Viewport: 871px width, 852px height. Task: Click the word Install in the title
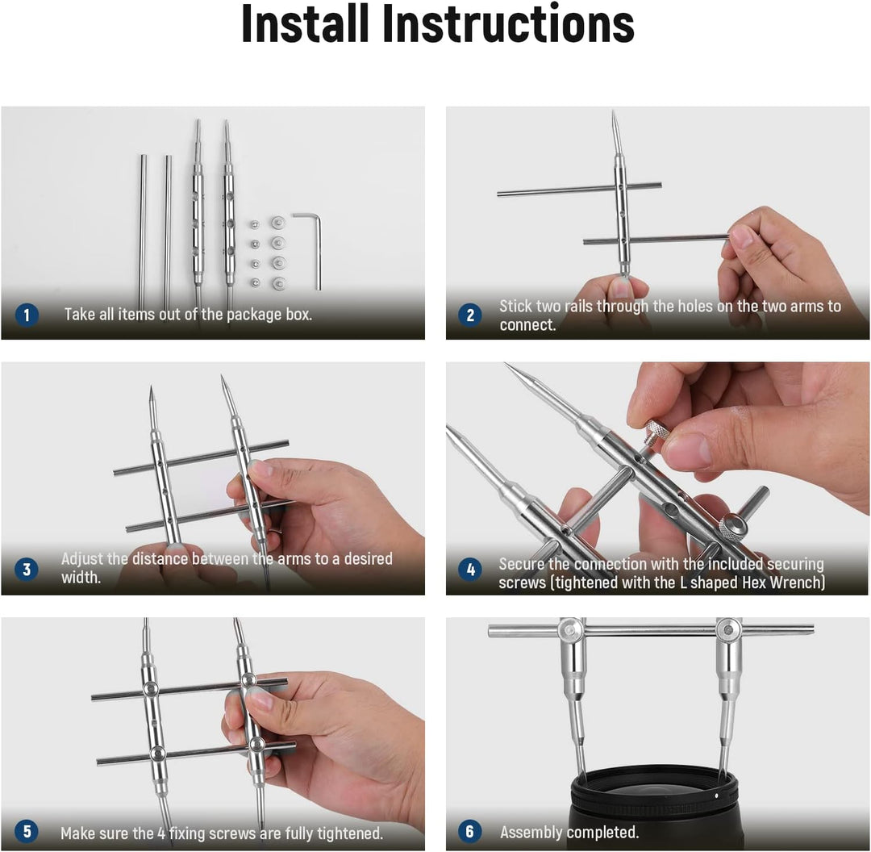(306, 23)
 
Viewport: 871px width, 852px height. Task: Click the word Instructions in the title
(508, 23)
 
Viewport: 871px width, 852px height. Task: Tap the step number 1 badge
(26, 315)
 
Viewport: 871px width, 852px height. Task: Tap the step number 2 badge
(470, 315)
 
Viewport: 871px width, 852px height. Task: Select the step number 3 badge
(26, 569)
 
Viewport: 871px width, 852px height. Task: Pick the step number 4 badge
(470, 569)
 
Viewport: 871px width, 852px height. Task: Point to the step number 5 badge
(26, 832)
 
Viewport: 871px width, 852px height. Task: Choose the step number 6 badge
(470, 832)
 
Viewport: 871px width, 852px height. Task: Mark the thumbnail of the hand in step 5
(260, 700)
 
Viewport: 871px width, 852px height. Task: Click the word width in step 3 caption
(81, 578)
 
